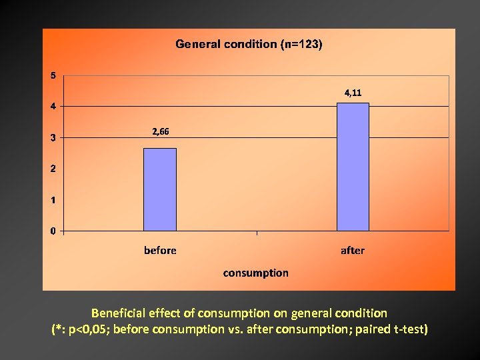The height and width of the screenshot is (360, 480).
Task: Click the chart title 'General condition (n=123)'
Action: point(249,44)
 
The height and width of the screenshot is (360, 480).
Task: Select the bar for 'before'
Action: point(160,189)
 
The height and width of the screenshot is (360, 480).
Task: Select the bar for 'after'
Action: point(353,167)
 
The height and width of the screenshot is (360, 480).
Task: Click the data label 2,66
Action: point(161,132)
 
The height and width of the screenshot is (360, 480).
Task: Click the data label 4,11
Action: point(353,93)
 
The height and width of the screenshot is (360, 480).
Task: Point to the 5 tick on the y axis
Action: point(53,75)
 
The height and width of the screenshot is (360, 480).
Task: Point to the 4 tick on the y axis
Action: point(53,107)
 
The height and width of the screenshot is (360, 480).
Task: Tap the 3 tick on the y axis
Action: point(53,138)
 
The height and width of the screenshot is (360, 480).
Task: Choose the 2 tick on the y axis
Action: point(53,169)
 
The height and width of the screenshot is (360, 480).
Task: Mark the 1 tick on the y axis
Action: point(53,200)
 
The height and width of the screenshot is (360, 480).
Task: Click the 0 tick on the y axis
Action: point(53,231)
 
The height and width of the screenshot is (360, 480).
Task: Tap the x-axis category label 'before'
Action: point(160,251)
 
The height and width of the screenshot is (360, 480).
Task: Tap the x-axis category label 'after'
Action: point(353,251)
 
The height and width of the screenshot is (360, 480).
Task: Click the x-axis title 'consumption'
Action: point(256,273)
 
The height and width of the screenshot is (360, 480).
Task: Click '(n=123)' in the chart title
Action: point(301,44)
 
